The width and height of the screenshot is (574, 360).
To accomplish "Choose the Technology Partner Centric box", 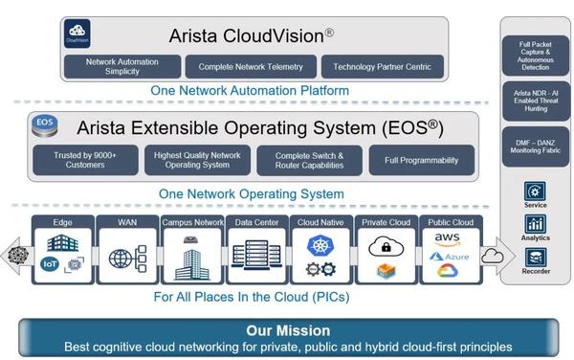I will click(x=382, y=66).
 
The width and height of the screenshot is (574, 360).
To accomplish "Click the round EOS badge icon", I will click(x=44, y=124).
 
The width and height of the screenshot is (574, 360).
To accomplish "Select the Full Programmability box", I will click(x=421, y=160).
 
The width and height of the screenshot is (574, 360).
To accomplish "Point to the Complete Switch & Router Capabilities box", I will click(x=309, y=160).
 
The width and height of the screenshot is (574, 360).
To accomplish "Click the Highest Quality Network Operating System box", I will click(x=196, y=160).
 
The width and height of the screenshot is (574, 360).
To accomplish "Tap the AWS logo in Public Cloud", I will click(x=448, y=239).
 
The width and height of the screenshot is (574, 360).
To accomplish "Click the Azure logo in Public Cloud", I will click(x=448, y=257).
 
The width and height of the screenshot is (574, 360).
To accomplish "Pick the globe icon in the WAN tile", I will click(x=121, y=259).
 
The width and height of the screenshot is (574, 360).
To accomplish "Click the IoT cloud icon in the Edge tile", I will click(x=51, y=263).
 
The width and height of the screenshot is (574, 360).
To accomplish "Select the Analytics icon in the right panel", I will click(x=536, y=224).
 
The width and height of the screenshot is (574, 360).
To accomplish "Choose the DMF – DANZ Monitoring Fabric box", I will click(x=536, y=145).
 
